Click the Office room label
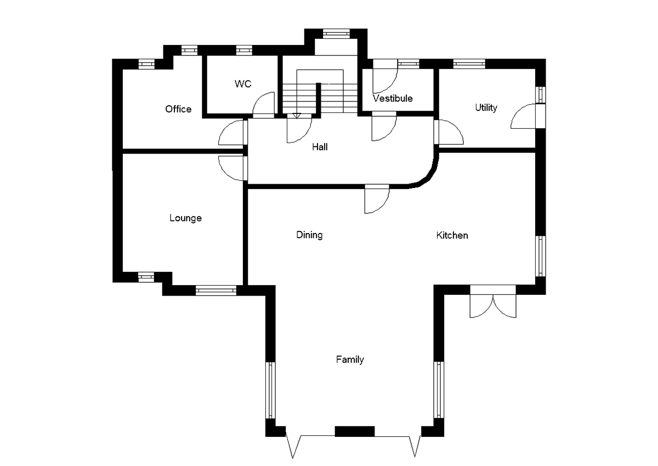click(178, 109)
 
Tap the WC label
click(243, 84)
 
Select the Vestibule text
click(393, 99)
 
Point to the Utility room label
click(486, 107)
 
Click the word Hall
click(320, 147)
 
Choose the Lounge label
click(185, 218)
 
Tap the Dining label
click(309, 235)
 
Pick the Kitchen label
click(452, 235)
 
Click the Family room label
click(350, 360)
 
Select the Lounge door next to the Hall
click(232, 168)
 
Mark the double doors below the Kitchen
click(492, 302)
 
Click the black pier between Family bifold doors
click(354, 431)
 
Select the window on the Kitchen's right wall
click(541, 256)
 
